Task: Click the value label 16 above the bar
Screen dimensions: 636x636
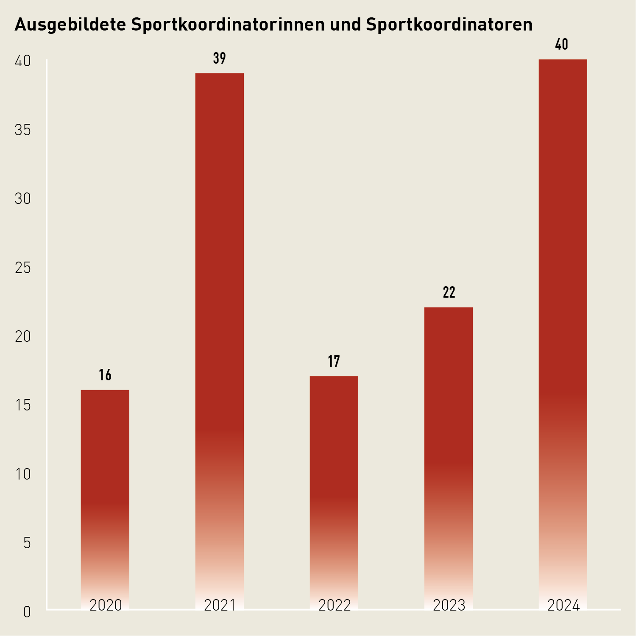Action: (105, 375)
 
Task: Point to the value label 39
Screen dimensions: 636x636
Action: (220, 58)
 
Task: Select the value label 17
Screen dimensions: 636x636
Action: (334, 361)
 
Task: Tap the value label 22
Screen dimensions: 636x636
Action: (449, 293)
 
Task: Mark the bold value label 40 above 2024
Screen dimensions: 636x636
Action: (562, 45)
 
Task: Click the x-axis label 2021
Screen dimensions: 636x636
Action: (220, 605)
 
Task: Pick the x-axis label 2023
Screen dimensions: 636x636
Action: (449, 605)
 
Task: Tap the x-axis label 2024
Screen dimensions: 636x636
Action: (563, 605)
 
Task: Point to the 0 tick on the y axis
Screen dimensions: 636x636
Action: (27, 612)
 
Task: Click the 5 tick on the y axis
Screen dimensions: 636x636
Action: (27, 543)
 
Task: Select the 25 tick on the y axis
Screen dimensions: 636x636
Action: (23, 268)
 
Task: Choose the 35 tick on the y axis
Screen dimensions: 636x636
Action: (23, 130)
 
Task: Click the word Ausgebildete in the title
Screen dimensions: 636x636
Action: (70, 25)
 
